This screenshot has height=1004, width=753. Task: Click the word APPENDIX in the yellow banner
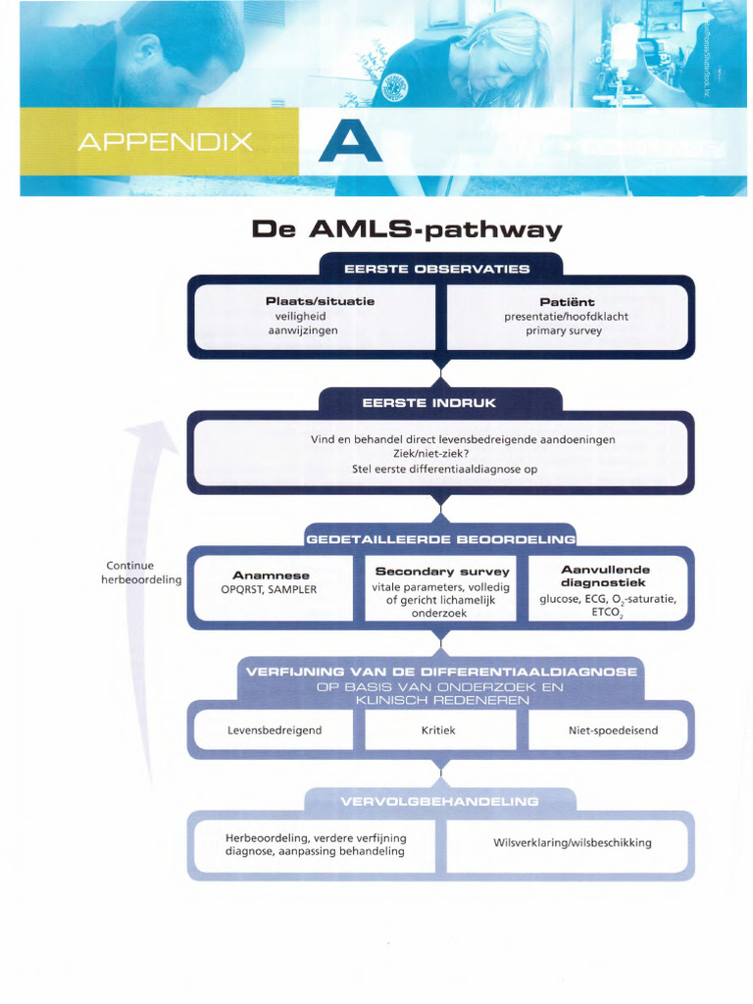[x=165, y=142]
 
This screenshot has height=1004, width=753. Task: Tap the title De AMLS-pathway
[x=407, y=229]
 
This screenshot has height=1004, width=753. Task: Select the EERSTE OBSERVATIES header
[x=437, y=268]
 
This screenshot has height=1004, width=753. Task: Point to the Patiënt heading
[x=567, y=301]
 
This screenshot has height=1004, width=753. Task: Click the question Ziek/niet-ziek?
[x=437, y=454]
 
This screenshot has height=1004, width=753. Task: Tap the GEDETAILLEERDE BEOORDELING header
[x=440, y=538]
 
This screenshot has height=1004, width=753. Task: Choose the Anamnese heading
[x=271, y=575]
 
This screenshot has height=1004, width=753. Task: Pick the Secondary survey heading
[x=442, y=571]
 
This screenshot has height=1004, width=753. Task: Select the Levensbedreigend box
[x=275, y=730]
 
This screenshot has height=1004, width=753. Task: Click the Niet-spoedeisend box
[x=613, y=730]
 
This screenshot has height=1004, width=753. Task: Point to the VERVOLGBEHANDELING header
[x=439, y=801]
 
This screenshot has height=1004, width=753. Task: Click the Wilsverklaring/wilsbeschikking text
[x=572, y=842]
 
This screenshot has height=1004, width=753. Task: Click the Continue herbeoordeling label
[x=141, y=573]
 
